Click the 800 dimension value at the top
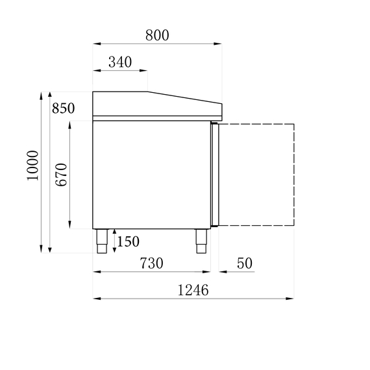click(157, 35)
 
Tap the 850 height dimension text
click(64, 108)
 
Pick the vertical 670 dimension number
click(61, 175)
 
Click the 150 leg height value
click(128, 241)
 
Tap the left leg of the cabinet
click(103, 241)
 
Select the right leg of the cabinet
click(200, 241)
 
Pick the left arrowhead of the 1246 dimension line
click(96, 299)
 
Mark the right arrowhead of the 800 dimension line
click(219, 44)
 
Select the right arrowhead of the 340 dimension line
click(145, 71)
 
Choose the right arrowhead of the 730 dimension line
click(209, 272)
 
